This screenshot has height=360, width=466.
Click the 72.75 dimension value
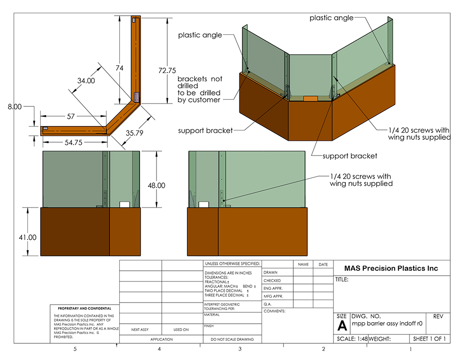(x=164, y=70)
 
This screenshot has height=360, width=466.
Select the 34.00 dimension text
(x=87, y=80)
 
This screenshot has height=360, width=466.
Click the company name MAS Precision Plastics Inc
(x=391, y=268)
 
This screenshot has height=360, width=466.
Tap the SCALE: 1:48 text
(x=352, y=339)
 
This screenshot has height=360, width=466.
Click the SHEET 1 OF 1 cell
(x=429, y=339)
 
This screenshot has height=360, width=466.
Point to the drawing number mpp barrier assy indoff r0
(x=387, y=325)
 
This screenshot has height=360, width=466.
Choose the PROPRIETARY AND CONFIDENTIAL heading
(x=84, y=309)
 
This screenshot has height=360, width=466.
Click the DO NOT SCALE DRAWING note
(x=232, y=339)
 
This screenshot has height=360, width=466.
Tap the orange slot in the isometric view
(x=311, y=99)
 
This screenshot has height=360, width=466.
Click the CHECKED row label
(x=272, y=281)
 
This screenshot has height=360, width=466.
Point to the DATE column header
(x=323, y=264)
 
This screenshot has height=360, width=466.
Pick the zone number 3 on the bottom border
(x=240, y=349)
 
